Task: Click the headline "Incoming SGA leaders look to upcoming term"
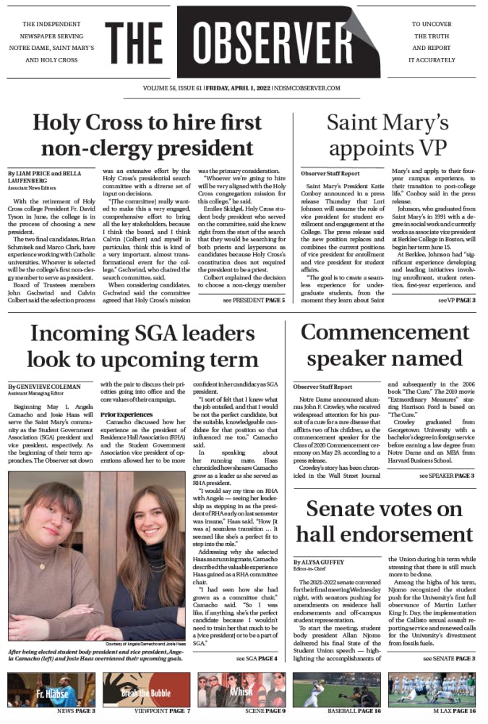(143, 345)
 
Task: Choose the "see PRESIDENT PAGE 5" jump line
(254, 299)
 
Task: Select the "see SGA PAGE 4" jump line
(256, 659)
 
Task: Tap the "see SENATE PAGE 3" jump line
(449, 659)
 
